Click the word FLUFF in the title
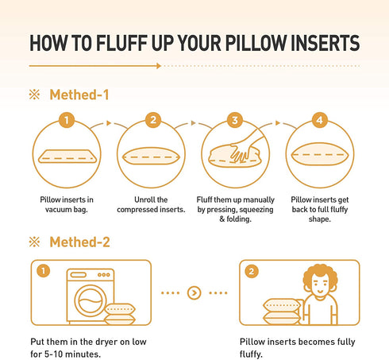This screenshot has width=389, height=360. (121, 43)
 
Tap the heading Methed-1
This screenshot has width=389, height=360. (79, 95)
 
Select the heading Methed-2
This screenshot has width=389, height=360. (79, 242)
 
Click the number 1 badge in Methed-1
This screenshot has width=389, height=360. (67, 120)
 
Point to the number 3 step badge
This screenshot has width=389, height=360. (235, 120)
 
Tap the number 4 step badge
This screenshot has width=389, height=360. (320, 120)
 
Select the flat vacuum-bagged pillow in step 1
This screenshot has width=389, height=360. (67, 157)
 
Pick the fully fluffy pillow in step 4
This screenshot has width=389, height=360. (320, 154)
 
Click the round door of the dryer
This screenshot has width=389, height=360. (91, 300)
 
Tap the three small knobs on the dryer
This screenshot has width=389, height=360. (104, 275)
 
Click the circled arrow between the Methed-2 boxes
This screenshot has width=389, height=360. (194, 292)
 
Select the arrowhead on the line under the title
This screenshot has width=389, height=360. (159, 66)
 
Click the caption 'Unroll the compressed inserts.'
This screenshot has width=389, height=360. (151, 204)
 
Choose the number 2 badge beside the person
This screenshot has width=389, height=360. (252, 271)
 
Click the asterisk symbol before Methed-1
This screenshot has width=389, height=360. (34, 95)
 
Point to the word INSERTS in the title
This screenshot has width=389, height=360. (325, 43)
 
